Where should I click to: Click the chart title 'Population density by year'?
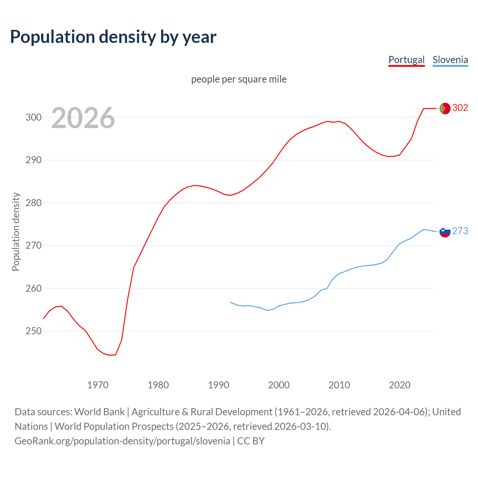pos(113,37)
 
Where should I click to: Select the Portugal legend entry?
pos(406,60)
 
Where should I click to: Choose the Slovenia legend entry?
pos(450,60)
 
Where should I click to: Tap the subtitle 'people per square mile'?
pos(239,79)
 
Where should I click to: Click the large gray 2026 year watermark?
pos(83,118)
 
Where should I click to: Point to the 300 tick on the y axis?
pos(34,117)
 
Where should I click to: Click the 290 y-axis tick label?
pos(34,160)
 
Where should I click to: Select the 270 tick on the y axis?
pos(34,246)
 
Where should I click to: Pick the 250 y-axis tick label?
pos(34,331)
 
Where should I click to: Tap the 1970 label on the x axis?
pos(98,385)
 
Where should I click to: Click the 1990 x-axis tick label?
pos(218,385)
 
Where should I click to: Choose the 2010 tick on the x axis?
pos(339,385)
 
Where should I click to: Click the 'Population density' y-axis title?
pos(16,232)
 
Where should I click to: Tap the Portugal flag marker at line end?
pos(445,108)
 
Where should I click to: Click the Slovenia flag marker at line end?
pos(445,232)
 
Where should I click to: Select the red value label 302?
pos(460,108)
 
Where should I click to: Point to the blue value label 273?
pos(460,231)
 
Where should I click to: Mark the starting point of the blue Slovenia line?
pos(231,302)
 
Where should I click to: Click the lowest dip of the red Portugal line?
pos(110,355)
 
